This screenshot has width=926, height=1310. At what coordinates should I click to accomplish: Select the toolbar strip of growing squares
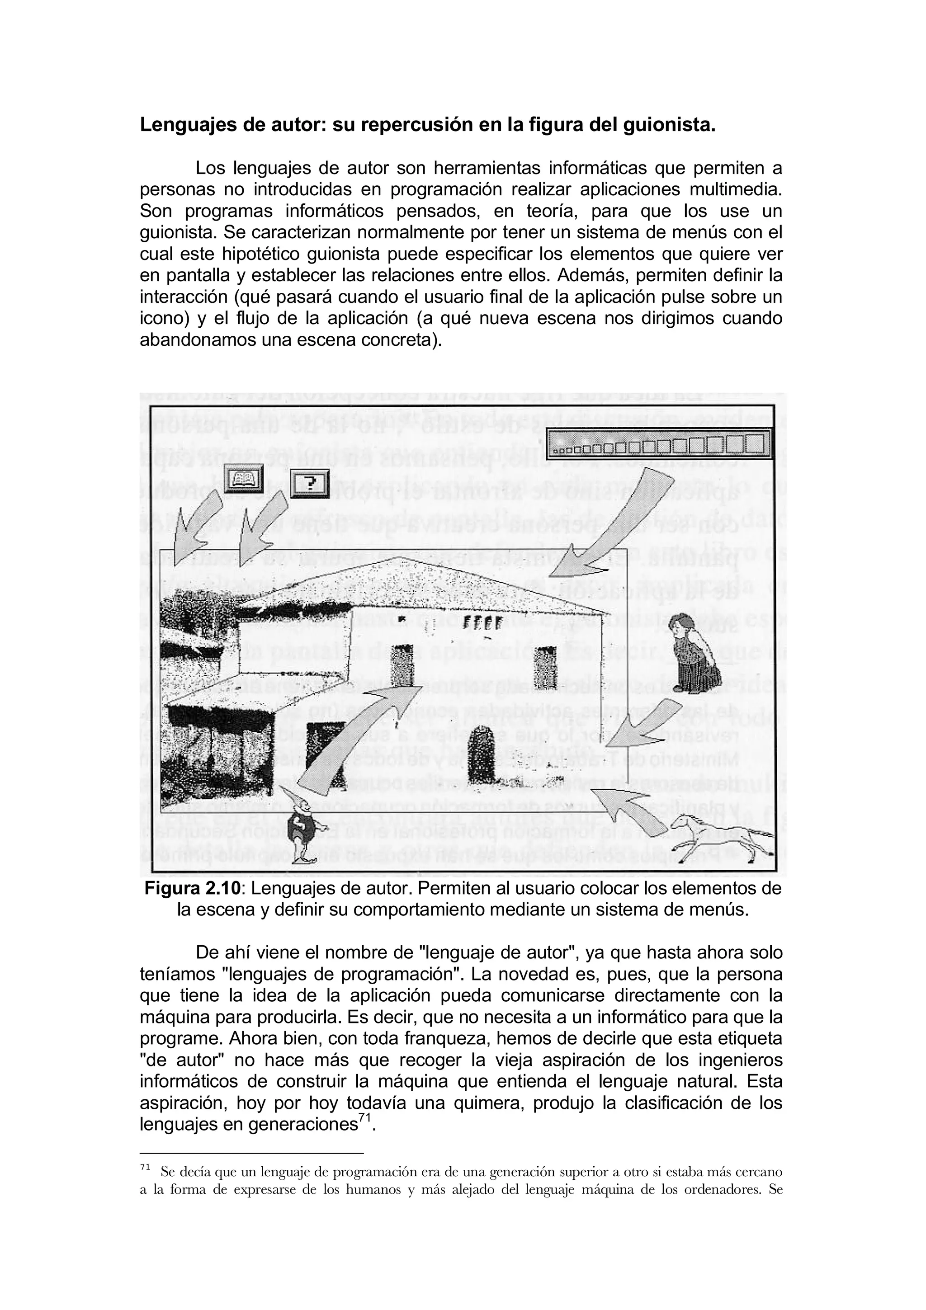[x=658, y=444]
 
